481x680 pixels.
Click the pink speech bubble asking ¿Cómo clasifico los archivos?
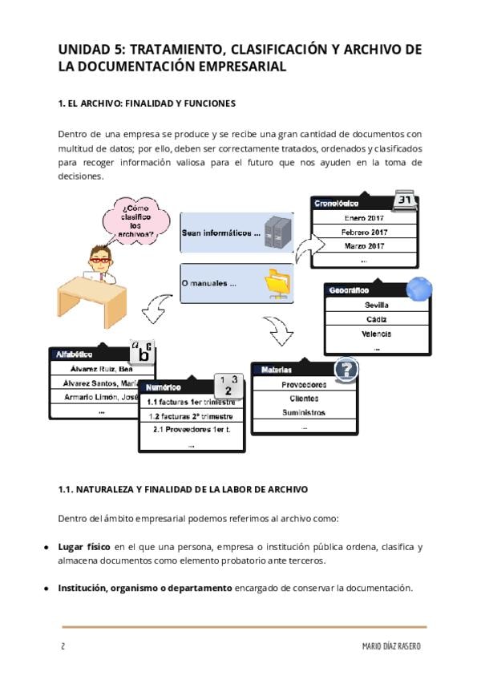135,216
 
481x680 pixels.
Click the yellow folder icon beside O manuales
278,283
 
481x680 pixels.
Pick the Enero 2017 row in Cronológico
364,217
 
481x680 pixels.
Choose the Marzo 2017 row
364,245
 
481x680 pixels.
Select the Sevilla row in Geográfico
377,305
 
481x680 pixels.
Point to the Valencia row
377,334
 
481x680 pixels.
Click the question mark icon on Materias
346,369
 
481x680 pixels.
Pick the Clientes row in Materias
304,398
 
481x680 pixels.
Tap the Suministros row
304,412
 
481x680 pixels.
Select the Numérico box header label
163,387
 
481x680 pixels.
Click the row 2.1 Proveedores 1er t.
191,429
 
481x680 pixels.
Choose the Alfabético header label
74,354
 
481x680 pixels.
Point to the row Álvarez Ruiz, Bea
91,369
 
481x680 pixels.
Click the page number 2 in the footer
62,646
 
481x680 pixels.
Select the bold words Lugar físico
84,547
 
